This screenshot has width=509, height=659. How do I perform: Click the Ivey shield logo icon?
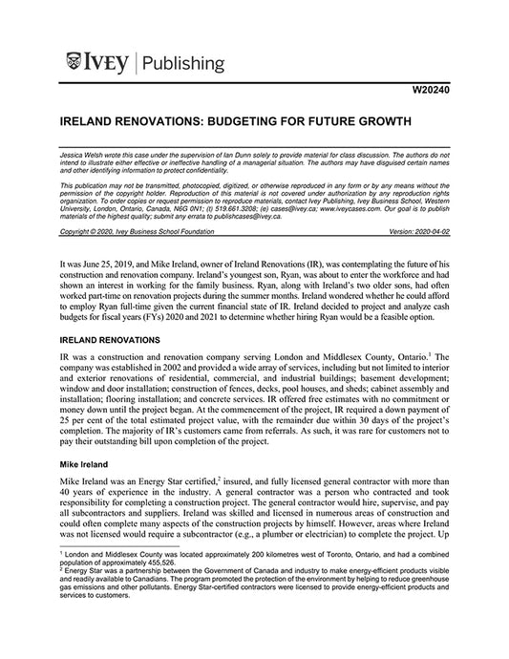click(x=74, y=64)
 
